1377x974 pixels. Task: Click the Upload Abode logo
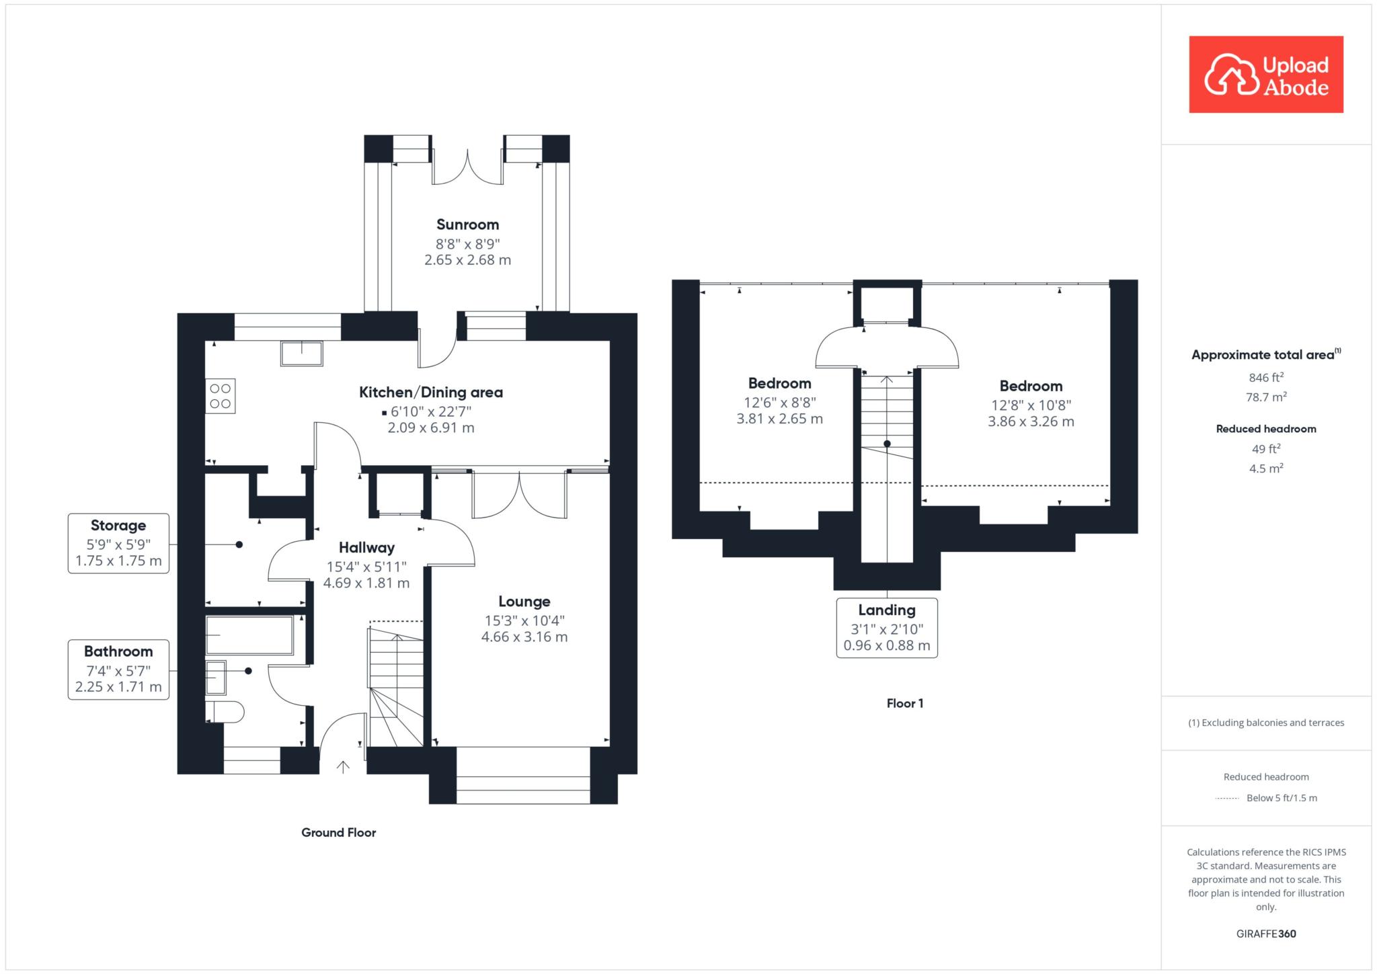[1266, 74]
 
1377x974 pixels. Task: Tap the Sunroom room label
[468, 225]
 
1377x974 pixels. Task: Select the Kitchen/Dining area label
[431, 393]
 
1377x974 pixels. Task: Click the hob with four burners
[221, 396]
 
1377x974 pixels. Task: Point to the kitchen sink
[302, 354]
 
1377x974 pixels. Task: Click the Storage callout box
[118, 543]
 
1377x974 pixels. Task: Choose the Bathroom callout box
[118, 669]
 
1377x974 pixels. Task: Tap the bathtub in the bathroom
[249, 635]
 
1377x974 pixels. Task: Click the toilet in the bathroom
[225, 712]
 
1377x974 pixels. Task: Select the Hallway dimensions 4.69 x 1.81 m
[366, 583]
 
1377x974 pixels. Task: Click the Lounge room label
[524, 602]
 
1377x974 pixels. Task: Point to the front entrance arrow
[344, 767]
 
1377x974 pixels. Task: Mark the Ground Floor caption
[339, 833]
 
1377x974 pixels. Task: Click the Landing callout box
[887, 628]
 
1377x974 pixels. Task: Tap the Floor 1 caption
[905, 704]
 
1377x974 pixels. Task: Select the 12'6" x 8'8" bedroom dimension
[780, 403]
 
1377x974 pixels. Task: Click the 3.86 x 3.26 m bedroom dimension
[1031, 422]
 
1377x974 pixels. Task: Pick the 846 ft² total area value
[1266, 377]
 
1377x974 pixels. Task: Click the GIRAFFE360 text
[1266, 934]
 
